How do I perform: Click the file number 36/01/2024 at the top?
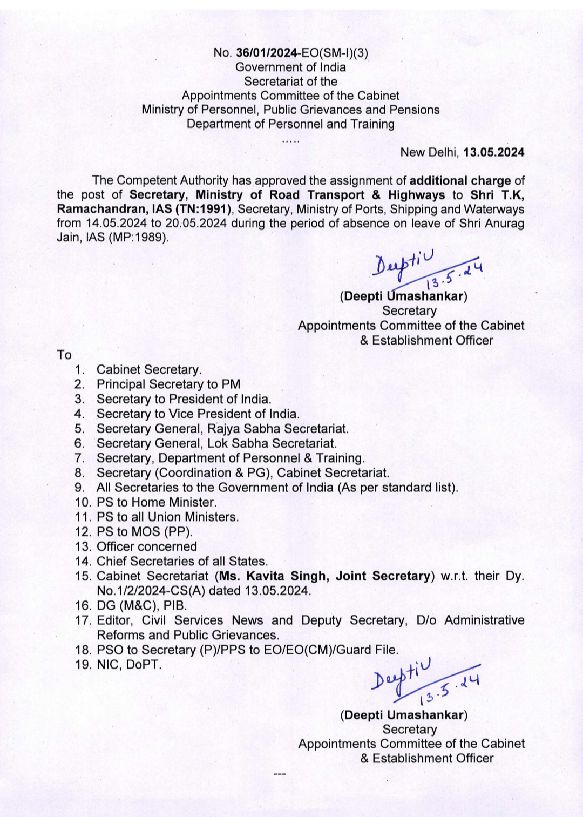tap(267, 53)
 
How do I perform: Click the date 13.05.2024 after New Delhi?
tap(493, 152)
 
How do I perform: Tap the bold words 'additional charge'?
tap(460, 181)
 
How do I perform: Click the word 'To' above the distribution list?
tap(64, 355)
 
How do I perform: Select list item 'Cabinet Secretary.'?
tap(149, 370)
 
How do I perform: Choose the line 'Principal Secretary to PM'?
tap(168, 384)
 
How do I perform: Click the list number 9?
tap(79, 488)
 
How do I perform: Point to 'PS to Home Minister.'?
tap(157, 502)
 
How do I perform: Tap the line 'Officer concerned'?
tap(147, 546)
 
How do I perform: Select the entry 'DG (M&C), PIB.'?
tap(141, 605)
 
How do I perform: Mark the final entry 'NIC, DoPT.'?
tap(129, 665)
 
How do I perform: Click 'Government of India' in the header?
tap(290, 67)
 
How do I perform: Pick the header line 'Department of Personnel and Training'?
tap(290, 124)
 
